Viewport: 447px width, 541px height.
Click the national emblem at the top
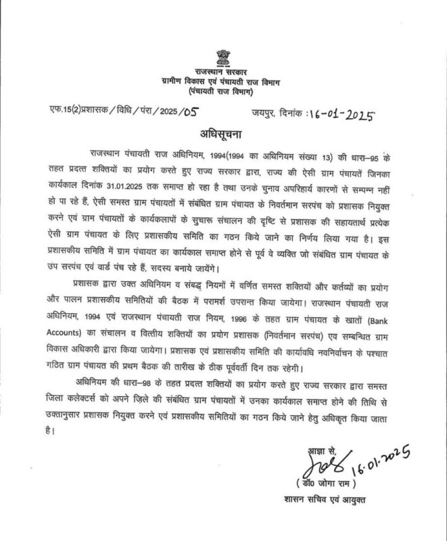pos(223,56)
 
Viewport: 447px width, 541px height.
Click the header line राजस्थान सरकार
pos(223,72)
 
